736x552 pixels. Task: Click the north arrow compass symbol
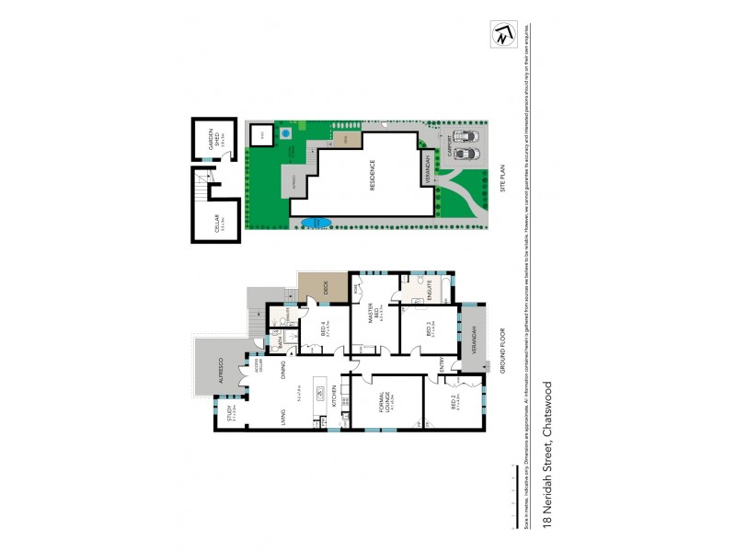(x=500, y=35)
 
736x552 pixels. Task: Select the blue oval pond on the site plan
(x=314, y=222)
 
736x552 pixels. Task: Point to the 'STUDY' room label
(x=231, y=416)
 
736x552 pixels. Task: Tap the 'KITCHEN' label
(x=332, y=397)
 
